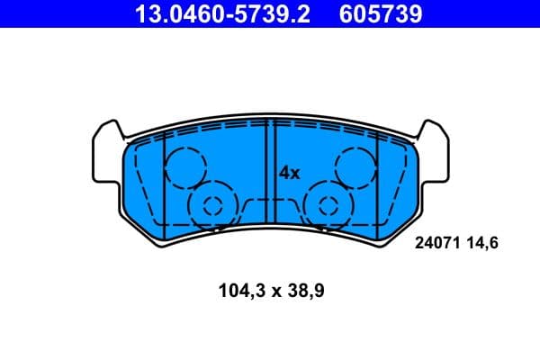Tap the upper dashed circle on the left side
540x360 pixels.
coord(186,167)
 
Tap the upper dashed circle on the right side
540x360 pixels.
coord(355,167)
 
